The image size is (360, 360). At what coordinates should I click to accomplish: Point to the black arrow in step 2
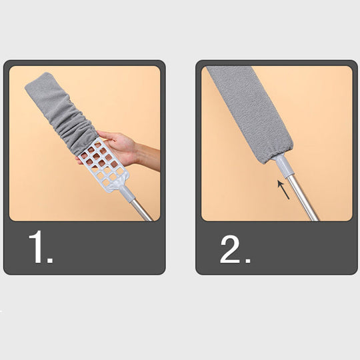click(x=285, y=190)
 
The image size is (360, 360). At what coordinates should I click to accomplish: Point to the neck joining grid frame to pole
click(x=124, y=193)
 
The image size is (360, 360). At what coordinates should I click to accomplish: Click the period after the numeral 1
click(x=51, y=259)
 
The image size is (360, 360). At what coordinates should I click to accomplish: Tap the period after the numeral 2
click(x=247, y=259)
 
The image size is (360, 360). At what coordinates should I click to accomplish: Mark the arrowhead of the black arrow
click(x=281, y=183)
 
